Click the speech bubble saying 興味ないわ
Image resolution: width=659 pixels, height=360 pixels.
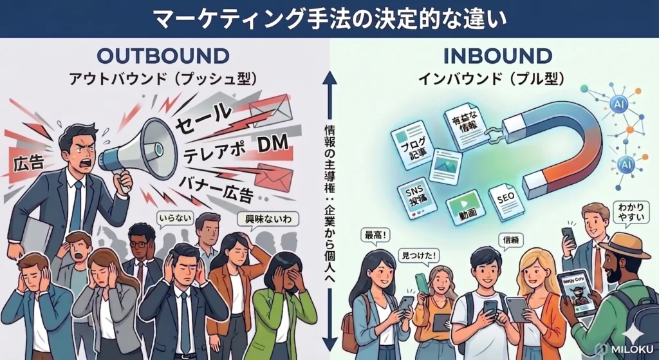(268, 218)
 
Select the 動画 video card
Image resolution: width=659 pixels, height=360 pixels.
(468, 207)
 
